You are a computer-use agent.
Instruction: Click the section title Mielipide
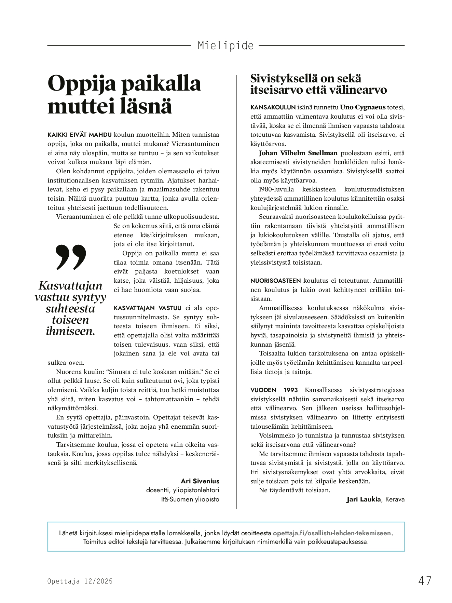click(x=225, y=45)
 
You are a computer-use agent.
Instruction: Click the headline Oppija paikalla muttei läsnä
click(x=124, y=94)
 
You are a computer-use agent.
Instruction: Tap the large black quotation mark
click(x=71, y=257)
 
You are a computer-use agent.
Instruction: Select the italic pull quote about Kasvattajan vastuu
click(x=70, y=308)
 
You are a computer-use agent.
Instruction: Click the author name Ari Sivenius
click(x=200, y=481)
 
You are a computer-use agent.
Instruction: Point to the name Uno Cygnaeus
click(x=362, y=107)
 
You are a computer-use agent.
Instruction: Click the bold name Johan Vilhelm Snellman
click(x=298, y=153)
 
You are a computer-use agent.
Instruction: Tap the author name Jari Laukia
click(x=363, y=499)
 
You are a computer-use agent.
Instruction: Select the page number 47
click(x=425, y=581)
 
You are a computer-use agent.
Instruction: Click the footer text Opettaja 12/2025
click(x=80, y=581)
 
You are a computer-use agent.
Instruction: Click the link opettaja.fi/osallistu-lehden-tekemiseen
click(x=333, y=533)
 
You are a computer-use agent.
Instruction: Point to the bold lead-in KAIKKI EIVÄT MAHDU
click(x=80, y=135)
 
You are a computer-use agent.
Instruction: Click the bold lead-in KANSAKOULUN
click(x=273, y=107)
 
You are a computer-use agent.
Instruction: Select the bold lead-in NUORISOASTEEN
click(x=275, y=281)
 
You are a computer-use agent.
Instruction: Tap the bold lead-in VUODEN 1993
click(x=274, y=390)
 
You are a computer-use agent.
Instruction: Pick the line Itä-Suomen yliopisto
click(x=190, y=499)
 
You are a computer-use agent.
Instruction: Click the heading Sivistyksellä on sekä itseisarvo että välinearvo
click(x=318, y=84)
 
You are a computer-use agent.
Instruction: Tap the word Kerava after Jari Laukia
click(x=395, y=499)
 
